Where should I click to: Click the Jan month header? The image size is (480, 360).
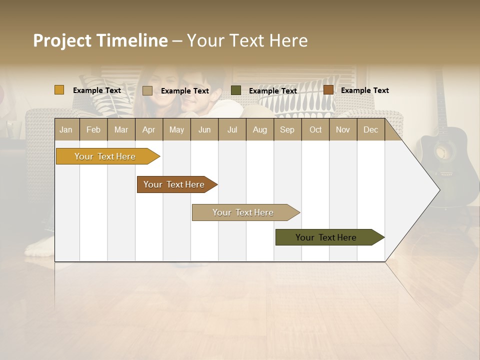pyautogui.click(x=66, y=129)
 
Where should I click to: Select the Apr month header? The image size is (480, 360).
pyautogui.click(x=148, y=129)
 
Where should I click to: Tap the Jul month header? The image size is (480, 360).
pyautogui.click(x=232, y=129)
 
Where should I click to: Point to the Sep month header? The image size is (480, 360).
pyautogui.click(x=287, y=129)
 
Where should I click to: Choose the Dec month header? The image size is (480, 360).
pyautogui.click(x=370, y=129)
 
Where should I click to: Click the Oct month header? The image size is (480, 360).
pyautogui.click(x=315, y=129)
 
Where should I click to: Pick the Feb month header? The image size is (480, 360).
pyautogui.click(x=93, y=129)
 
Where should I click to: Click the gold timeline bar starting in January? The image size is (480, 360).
pyautogui.click(x=105, y=156)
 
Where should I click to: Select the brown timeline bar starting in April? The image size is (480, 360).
pyautogui.click(x=174, y=184)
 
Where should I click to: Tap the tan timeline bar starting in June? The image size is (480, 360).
pyautogui.click(x=243, y=212)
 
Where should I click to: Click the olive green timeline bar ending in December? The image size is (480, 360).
pyautogui.click(x=326, y=237)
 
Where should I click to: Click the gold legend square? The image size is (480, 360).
pyautogui.click(x=59, y=90)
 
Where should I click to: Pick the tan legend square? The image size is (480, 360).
pyautogui.click(x=147, y=90)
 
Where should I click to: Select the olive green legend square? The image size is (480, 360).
pyautogui.click(x=236, y=90)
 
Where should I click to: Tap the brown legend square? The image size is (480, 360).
pyautogui.click(x=328, y=90)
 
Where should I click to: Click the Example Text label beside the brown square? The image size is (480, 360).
pyautogui.click(x=364, y=90)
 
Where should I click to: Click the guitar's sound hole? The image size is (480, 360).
pyautogui.click(x=444, y=154)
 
